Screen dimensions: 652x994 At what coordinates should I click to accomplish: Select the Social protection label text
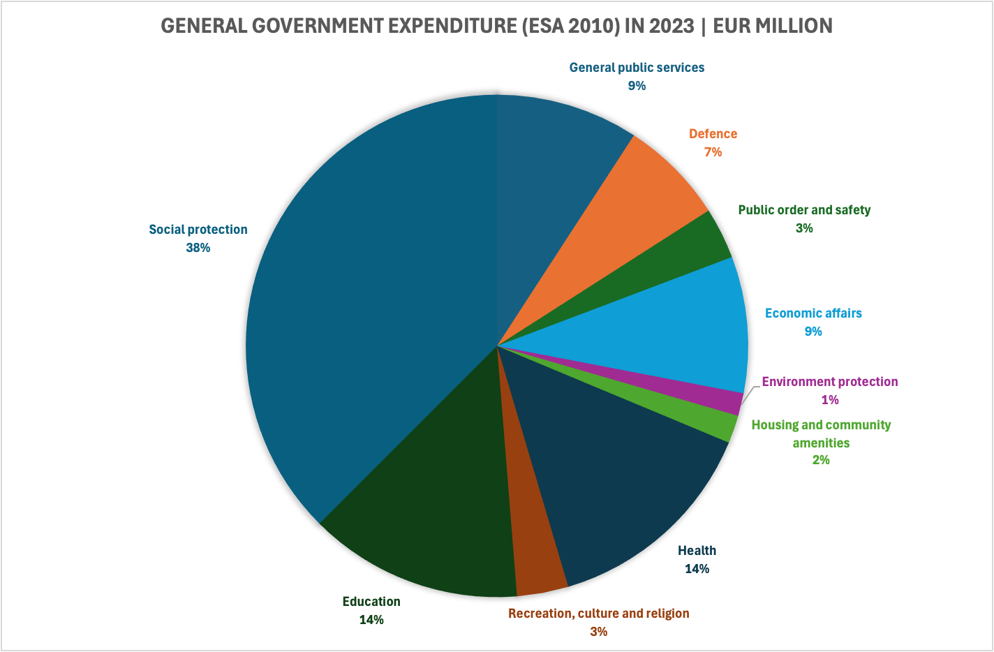[x=198, y=230]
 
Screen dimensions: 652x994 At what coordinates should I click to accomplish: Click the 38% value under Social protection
[x=198, y=248]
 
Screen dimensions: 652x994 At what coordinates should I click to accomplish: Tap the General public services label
[x=637, y=68]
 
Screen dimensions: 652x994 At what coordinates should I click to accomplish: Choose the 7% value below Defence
[x=713, y=151]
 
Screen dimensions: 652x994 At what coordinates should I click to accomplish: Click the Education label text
[x=371, y=602]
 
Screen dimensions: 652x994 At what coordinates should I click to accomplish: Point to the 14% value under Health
[x=697, y=569]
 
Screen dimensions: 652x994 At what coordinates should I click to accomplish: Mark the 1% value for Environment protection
[x=829, y=400]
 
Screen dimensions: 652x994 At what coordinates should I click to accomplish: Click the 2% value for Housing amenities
[x=821, y=460]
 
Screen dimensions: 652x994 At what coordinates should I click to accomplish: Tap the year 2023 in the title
[x=671, y=27]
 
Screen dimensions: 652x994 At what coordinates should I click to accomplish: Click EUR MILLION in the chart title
[x=773, y=27]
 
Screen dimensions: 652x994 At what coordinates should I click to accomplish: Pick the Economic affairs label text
[x=813, y=313]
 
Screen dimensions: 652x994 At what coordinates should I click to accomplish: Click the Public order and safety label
[x=804, y=210]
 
